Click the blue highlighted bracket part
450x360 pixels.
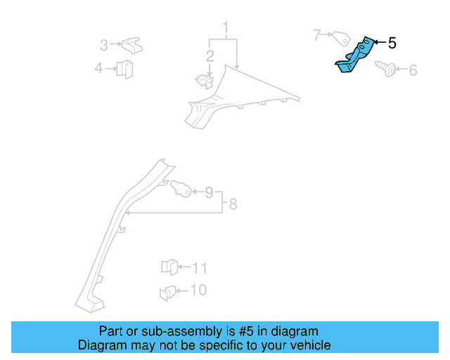[x=354, y=56]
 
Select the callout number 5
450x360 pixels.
[x=392, y=44]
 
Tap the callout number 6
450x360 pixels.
[x=413, y=70]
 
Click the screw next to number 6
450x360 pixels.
[x=387, y=70]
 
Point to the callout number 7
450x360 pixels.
[x=317, y=34]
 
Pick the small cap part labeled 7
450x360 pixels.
[x=342, y=37]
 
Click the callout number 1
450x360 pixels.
[x=226, y=28]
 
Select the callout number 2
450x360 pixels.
[x=210, y=56]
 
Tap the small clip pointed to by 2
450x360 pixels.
[x=203, y=81]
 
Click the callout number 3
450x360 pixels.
[x=103, y=46]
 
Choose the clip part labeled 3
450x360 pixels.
[x=130, y=46]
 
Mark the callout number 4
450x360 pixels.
[x=98, y=68]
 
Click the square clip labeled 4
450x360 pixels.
[x=125, y=68]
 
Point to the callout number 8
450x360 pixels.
[x=233, y=205]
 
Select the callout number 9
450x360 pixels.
[x=208, y=191]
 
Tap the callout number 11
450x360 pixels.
[x=200, y=268]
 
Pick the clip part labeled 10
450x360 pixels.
[x=168, y=292]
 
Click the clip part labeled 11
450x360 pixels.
[x=168, y=267]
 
